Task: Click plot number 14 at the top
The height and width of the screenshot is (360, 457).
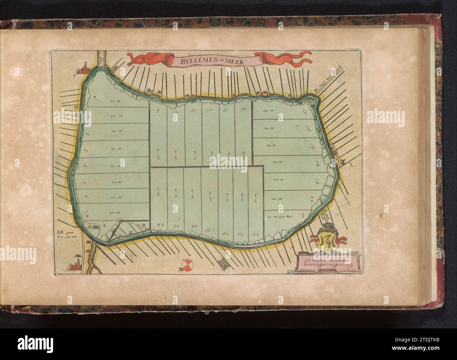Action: click(243, 110)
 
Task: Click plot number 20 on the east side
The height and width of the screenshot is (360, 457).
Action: click(313, 198)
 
